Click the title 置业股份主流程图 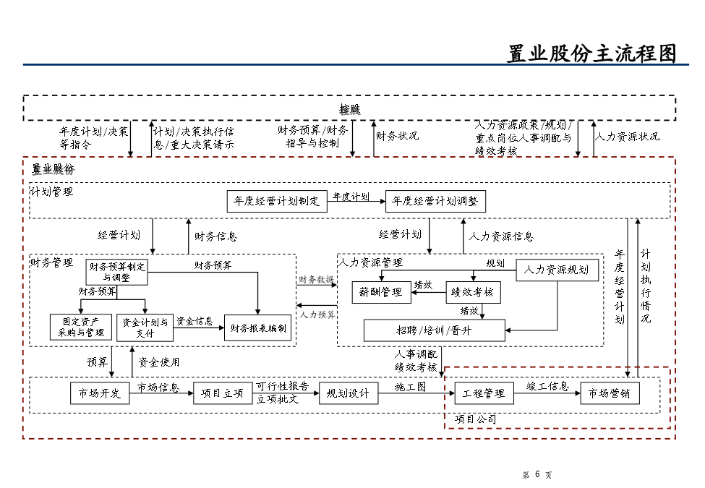point(591,54)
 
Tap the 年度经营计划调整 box point(436,201)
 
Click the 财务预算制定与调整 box point(116,272)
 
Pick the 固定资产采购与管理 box point(81,328)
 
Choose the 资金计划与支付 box point(145,328)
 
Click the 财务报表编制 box point(258,328)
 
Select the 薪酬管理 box point(381,292)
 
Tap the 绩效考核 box point(473,292)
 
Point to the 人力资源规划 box point(557,270)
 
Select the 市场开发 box point(100,393)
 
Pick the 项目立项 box point(223,393)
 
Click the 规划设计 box point(348,393)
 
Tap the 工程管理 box point(484,393)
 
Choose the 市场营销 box point(610,393)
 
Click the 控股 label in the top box point(350,109)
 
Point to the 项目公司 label point(475,419)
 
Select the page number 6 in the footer point(537,474)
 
